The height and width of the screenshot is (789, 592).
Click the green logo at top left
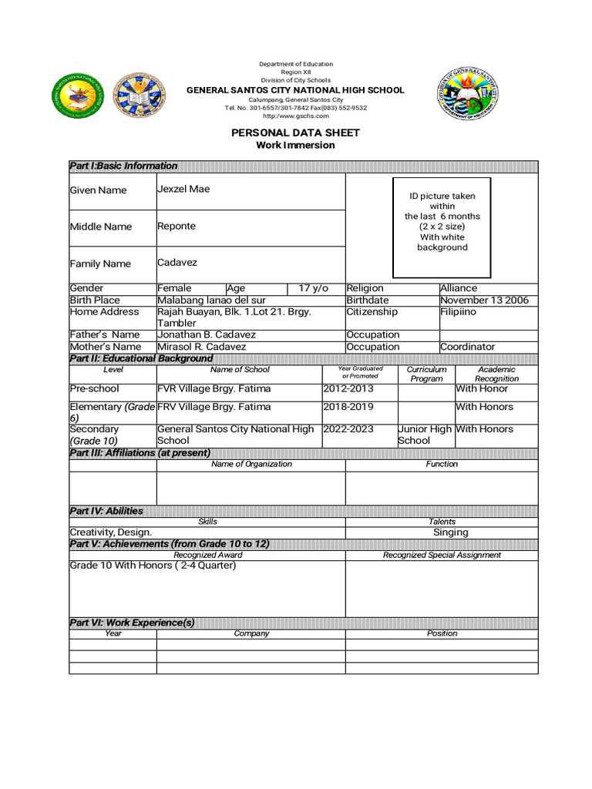[77, 95]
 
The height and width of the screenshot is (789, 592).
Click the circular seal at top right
[467, 94]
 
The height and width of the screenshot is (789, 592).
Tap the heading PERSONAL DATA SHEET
[295, 133]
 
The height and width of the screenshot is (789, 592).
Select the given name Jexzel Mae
[183, 189]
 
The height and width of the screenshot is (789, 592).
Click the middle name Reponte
[177, 226]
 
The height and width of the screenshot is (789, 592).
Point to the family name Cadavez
[177, 262]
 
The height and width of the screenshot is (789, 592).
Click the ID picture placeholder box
[442, 227]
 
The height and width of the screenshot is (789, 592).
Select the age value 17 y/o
[313, 288]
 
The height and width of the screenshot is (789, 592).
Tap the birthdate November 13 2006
[484, 300]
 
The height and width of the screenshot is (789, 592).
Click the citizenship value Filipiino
[458, 311]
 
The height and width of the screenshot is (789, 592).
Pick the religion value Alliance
[459, 288]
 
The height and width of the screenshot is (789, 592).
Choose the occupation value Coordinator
[467, 347]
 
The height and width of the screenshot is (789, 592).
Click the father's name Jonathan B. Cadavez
[207, 334]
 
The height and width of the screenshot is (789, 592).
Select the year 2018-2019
[348, 406]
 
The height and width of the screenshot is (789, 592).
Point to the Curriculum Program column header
[426, 374]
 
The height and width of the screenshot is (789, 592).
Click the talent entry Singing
[450, 532]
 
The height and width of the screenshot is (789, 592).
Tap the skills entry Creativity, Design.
[111, 532]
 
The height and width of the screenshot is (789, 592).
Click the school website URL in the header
[295, 116]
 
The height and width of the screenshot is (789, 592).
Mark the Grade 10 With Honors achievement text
[153, 566]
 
